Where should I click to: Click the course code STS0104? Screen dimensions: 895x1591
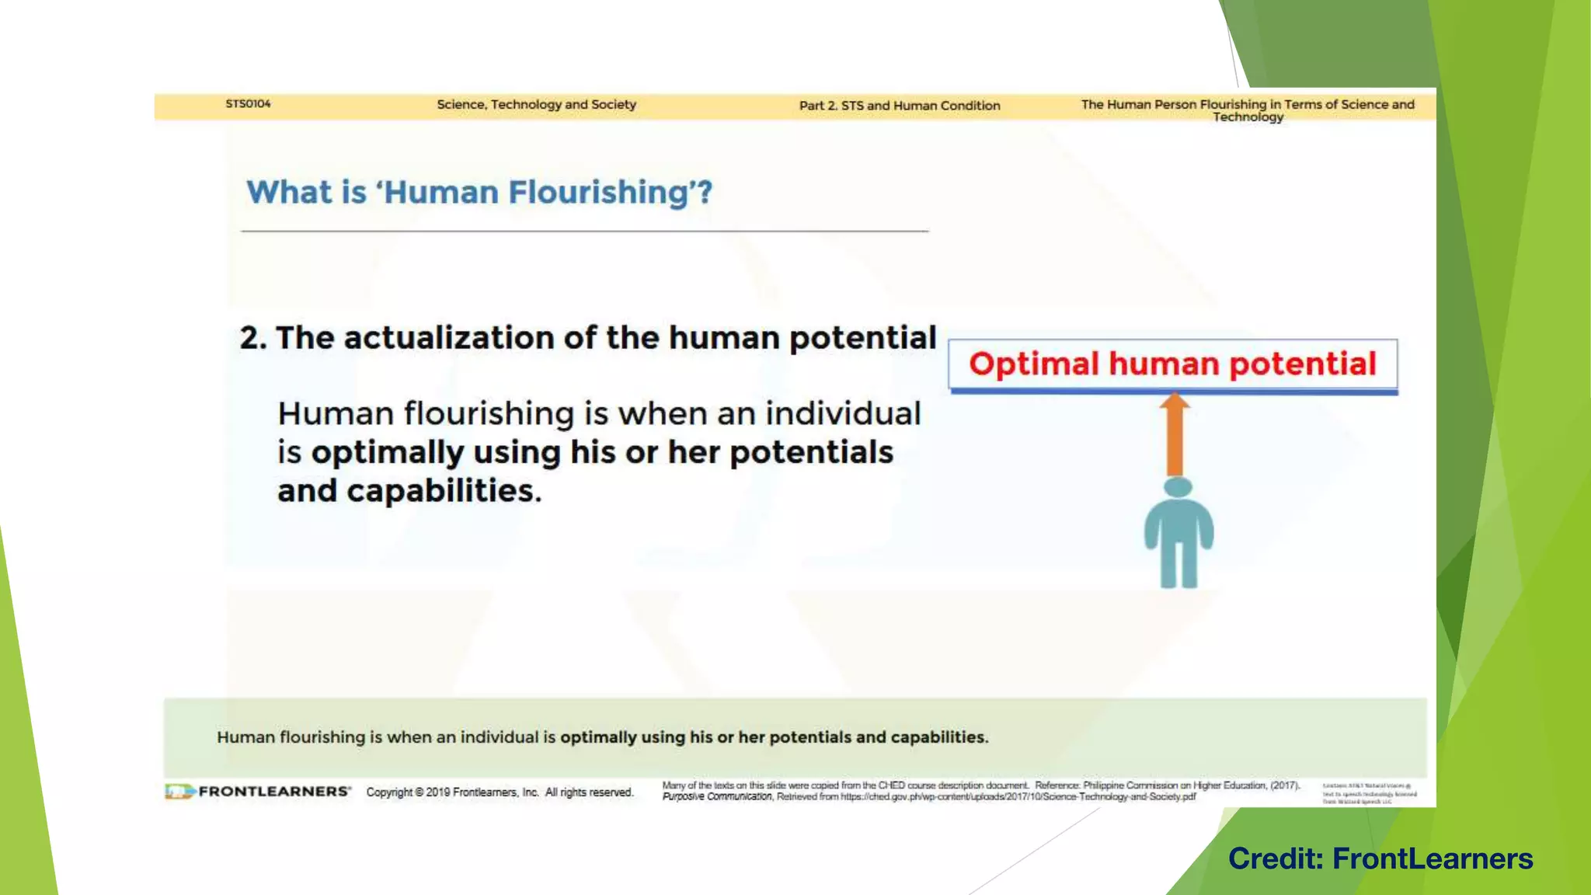point(248,104)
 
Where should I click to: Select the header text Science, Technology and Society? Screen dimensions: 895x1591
point(536,105)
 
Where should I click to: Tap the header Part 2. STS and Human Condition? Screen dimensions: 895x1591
point(900,106)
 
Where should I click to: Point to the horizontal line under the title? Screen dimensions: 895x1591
point(584,231)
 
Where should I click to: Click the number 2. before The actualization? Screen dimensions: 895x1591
point(252,338)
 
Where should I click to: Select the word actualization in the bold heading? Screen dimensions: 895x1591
point(450,338)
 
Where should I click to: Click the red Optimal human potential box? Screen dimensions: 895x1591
point(1172,364)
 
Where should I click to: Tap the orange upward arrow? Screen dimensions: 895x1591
point(1175,435)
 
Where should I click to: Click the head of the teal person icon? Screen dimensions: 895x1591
point(1178,488)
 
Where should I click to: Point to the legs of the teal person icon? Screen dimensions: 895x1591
point(1178,566)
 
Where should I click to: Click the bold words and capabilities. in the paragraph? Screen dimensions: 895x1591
point(409,491)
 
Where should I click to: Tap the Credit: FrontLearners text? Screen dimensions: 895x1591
point(1380,858)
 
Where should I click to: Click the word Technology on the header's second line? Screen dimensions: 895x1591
point(1248,117)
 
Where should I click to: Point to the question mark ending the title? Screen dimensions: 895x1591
point(704,193)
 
